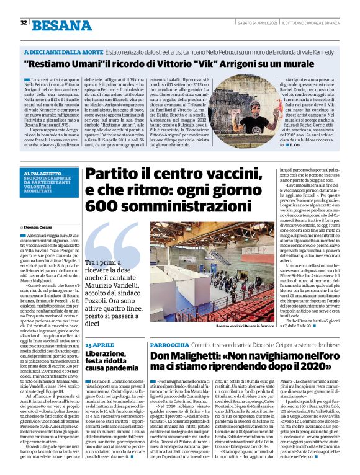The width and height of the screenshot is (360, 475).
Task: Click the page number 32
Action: click(23, 23)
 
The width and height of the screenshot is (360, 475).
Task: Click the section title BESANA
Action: click(62, 25)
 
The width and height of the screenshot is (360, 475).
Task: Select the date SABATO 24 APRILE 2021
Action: click(258, 22)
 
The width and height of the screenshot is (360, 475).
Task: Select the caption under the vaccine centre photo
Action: click(245, 326)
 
